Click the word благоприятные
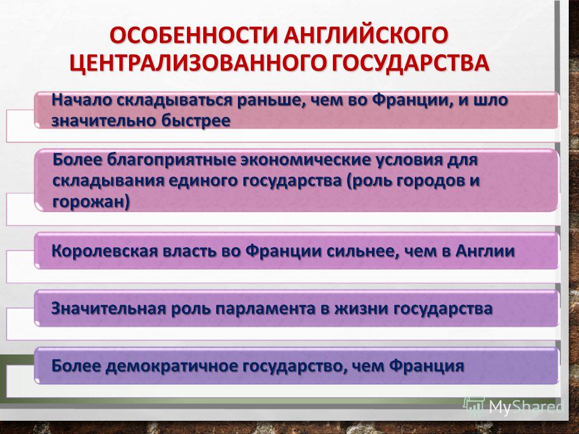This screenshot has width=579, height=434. click(171, 161)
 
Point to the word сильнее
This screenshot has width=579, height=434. click(361, 251)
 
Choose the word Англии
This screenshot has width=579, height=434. click(485, 251)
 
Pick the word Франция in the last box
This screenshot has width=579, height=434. click(426, 366)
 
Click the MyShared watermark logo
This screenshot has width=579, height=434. click(514, 406)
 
